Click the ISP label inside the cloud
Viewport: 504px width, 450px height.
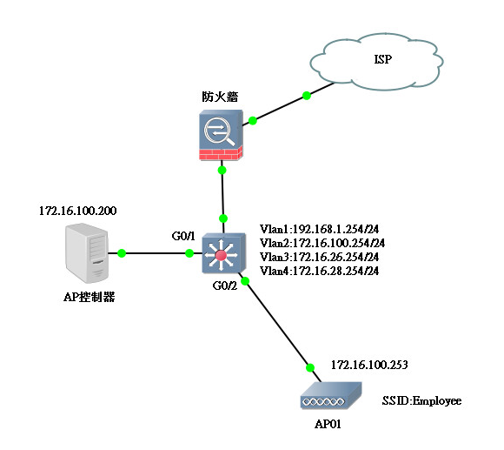tap(383, 59)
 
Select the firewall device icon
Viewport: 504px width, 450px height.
tap(221, 135)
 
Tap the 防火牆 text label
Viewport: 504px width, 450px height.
tap(220, 97)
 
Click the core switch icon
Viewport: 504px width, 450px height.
tap(223, 253)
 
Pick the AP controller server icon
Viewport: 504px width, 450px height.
tap(87, 253)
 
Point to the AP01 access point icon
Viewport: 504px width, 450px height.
tap(331, 396)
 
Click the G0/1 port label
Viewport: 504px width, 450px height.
tap(183, 236)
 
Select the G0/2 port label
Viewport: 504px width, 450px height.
tap(225, 285)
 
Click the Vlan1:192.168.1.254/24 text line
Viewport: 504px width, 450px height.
tap(319, 229)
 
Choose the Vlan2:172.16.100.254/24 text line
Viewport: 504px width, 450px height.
tap(322, 243)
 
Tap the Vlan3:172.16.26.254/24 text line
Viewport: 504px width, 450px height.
tap(319, 257)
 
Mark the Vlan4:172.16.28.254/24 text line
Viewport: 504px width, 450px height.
tap(319, 271)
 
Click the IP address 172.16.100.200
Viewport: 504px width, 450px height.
tap(78, 211)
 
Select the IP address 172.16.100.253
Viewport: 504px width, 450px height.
tap(369, 365)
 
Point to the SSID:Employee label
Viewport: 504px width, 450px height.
tap(421, 400)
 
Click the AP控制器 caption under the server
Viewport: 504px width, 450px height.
tap(89, 297)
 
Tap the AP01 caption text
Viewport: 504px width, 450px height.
tap(328, 424)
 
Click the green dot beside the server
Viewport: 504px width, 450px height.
tap(122, 253)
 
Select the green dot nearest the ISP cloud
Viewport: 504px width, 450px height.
tap(307, 96)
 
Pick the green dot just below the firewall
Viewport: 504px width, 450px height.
tap(222, 170)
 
